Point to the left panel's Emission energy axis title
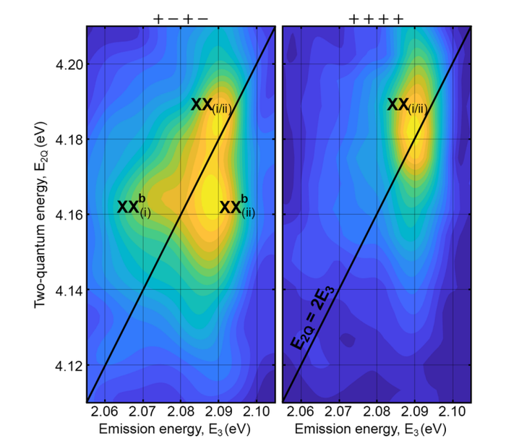coord(181,430)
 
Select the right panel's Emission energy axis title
coord(376,430)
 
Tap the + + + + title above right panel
coord(375,17)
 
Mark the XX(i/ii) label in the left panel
coord(210,106)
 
